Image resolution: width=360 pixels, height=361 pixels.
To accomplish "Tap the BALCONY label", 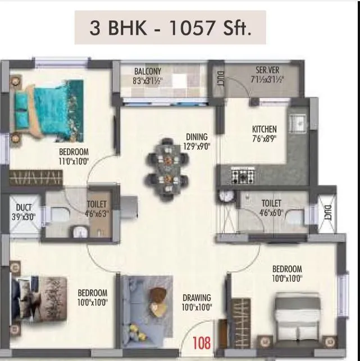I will click(148, 71).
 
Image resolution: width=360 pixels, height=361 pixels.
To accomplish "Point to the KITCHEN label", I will click(264, 130).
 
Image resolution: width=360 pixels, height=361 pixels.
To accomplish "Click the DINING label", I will click(197, 136).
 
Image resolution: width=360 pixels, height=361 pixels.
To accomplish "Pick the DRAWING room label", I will click(196, 298).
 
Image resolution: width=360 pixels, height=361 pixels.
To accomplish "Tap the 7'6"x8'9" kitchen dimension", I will click(264, 139).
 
